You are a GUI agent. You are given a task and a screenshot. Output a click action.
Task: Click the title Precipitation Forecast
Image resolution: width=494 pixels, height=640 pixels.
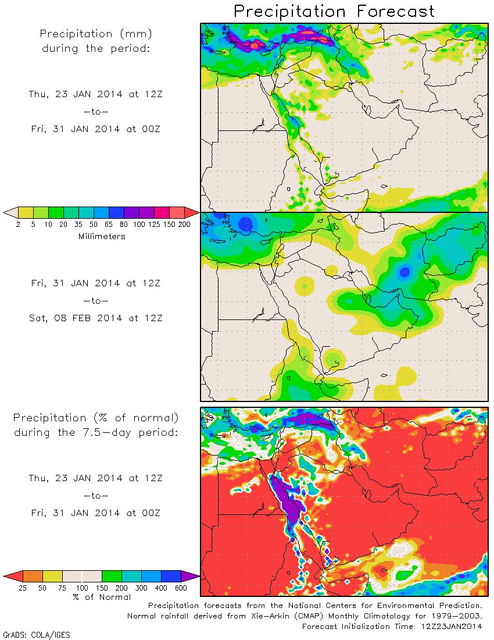click(x=334, y=11)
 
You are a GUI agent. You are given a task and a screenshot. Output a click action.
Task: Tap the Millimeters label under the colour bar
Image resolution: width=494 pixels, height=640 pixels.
click(x=102, y=236)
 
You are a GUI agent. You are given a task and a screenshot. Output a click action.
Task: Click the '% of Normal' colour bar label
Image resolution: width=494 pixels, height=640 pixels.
click(x=102, y=596)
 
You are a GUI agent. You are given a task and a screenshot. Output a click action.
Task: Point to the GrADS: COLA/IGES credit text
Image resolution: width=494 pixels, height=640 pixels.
click(x=37, y=635)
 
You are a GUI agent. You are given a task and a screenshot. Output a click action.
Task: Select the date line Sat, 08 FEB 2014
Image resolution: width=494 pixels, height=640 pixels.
click(x=96, y=318)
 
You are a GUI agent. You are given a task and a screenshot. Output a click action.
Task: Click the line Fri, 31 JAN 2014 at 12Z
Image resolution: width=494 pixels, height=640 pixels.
click(x=96, y=283)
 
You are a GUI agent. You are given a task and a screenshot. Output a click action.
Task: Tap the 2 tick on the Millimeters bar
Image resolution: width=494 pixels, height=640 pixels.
click(x=18, y=224)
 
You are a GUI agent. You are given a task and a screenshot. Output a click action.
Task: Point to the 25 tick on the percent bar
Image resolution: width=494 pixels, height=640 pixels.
click(x=23, y=588)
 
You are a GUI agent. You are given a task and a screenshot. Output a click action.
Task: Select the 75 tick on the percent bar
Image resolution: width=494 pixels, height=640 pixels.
click(x=62, y=588)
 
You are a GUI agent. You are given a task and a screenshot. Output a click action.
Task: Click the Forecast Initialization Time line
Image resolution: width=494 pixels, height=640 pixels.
click(x=392, y=626)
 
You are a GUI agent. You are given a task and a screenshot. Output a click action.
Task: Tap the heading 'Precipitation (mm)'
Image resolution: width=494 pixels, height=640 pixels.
click(x=96, y=34)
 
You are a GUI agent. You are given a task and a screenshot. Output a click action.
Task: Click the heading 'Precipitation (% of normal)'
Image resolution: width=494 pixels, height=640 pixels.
click(x=96, y=418)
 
